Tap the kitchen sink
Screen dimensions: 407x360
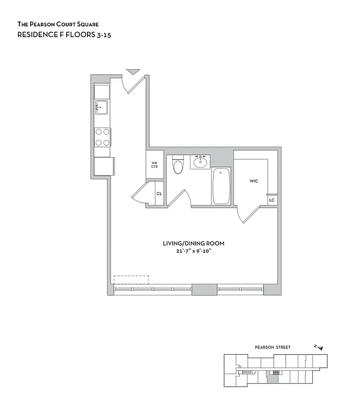[101, 107]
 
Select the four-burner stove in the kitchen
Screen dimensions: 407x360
[102, 137]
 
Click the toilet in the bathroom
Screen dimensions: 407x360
[178, 165]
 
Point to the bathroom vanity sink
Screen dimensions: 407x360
[200, 162]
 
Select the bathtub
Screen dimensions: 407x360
[221, 186]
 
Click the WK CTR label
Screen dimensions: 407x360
[154, 165]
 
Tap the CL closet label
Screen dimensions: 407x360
[159, 194]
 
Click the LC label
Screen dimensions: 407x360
[272, 200]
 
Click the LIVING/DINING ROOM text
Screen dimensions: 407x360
[193, 244]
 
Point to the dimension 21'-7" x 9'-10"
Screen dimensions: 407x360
[193, 251]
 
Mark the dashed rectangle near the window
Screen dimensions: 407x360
[131, 280]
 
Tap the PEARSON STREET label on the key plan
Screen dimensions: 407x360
[273, 347]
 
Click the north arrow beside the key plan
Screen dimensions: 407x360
[319, 347]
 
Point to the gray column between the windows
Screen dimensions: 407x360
[204, 289]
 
